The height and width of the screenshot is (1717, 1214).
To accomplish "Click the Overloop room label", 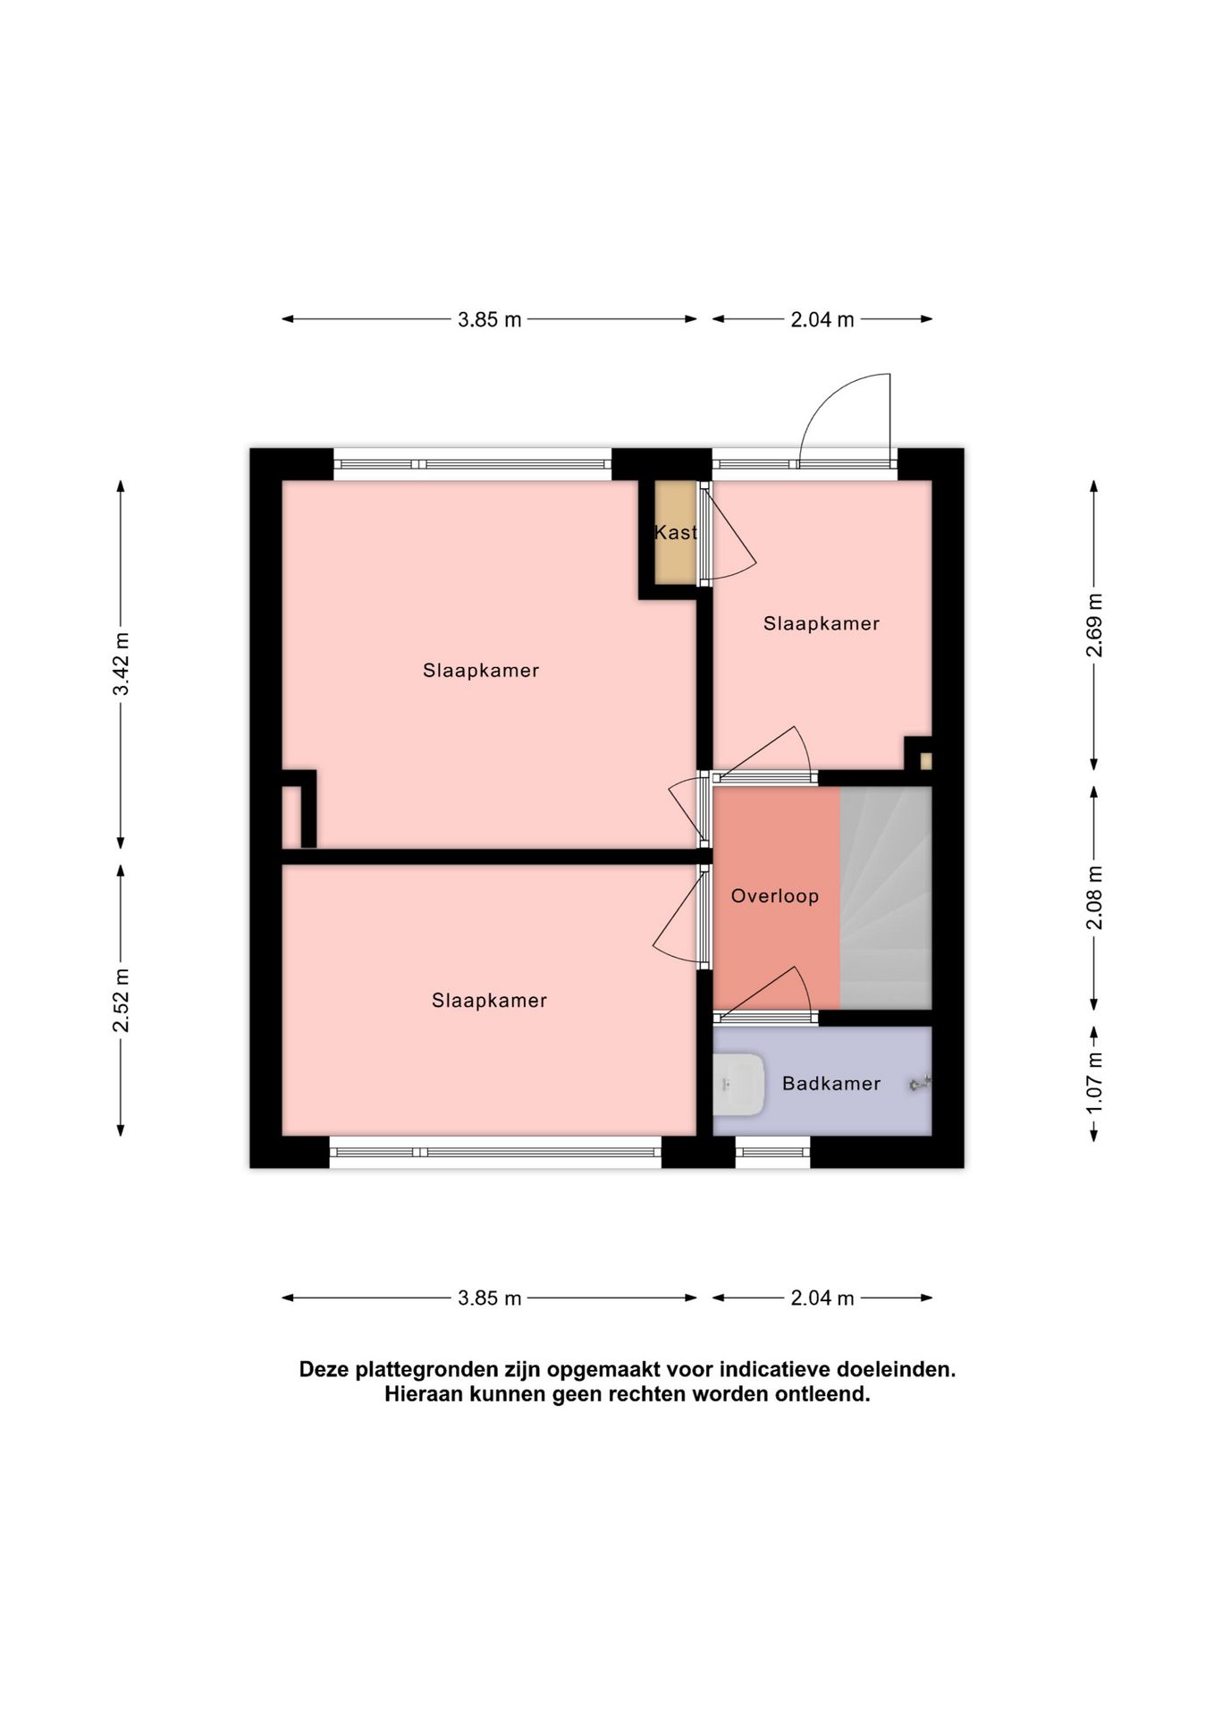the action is tap(774, 896).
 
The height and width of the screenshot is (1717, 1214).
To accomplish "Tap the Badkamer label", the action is tap(831, 1084).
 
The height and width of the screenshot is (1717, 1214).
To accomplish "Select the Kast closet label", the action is tap(676, 532).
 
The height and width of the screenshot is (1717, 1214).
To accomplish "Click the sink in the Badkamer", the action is tap(738, 1084).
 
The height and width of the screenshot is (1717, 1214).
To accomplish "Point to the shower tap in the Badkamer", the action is tap(920, 1084).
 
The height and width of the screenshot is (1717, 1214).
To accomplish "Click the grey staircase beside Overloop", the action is tap(886, 898).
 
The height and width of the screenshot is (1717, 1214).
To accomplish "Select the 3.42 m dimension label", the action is tap(122, 664).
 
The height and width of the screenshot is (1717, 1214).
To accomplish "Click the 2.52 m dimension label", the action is tap(122, 1000).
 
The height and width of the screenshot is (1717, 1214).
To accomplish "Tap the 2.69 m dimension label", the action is tap(1094, 625).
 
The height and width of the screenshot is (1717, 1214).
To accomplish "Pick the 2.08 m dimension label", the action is tap(1094, 897).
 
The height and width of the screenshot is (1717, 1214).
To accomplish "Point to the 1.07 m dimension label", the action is tap(1094, 1081).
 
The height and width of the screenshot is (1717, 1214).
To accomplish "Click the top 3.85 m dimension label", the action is tap(489, 319).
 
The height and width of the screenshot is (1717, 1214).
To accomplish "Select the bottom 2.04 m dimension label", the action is tap(822, 1298).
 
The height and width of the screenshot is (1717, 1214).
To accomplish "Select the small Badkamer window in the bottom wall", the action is tap(773, 1152).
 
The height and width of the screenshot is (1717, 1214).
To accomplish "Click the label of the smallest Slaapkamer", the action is tap(822, 623).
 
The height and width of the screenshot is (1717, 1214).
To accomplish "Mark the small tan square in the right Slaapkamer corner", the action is tap(926, 761).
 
